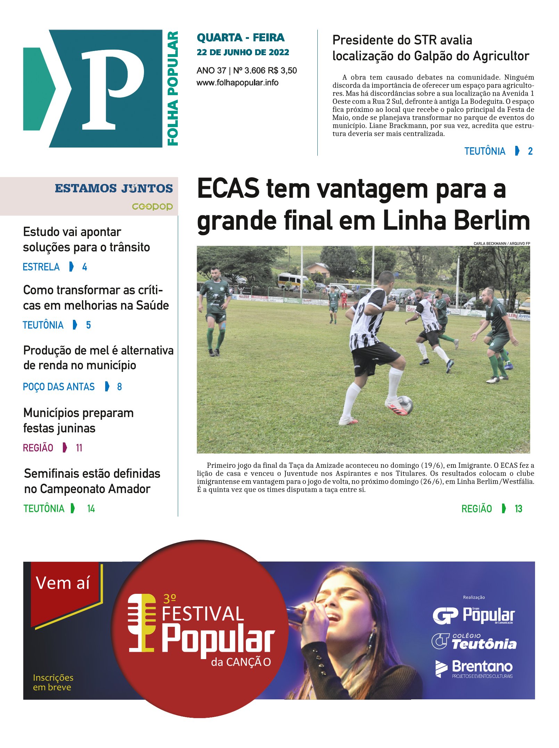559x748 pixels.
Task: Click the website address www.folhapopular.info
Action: [237, 83]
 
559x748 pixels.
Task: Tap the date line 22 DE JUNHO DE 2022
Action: [243, 52]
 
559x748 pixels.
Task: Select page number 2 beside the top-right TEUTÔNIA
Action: [530, 151]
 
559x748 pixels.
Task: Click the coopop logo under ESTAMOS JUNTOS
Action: [152, 207]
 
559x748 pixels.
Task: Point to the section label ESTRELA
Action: [41, 267]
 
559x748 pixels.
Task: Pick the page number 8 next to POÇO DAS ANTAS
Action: [119, 387]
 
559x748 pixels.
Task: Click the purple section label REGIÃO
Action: [38, 448]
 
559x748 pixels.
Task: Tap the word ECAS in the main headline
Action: [228, 189]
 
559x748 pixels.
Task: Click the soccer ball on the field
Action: [404, 405]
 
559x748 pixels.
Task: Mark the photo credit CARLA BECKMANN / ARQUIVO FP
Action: [501, 243]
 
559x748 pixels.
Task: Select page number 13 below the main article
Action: [518, 509]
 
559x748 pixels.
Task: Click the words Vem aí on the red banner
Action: [63, 583]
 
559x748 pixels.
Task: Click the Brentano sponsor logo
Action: [474, 668]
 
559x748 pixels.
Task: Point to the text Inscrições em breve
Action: [53, 682]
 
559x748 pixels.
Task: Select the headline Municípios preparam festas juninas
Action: [78, 421]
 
